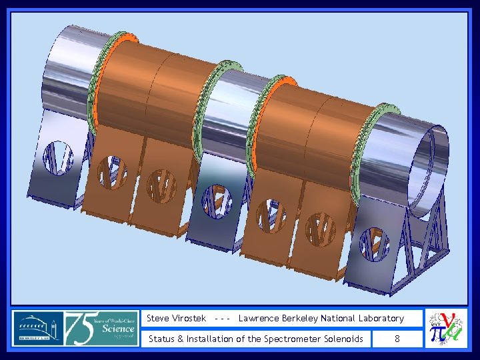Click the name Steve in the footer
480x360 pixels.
(157, 319)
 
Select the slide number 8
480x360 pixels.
(397, 339)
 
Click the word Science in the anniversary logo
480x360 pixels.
(118, 328)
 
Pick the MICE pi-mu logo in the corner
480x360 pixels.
(446, 327)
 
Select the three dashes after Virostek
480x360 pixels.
(223, 319)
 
